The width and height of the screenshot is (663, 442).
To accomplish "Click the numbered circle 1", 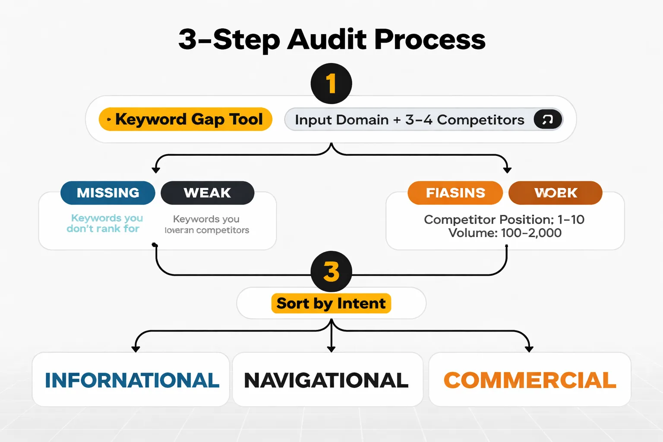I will [331, 83].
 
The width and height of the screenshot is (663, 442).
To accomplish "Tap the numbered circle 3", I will [331, 272].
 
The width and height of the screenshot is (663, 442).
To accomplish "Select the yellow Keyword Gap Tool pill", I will [186, 119].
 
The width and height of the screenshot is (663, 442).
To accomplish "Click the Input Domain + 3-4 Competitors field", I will [409, 120].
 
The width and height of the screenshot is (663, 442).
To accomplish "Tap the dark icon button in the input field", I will [548, 120].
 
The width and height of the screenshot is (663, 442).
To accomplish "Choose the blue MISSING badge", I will [108, 193].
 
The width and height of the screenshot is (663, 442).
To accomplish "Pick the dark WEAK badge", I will [207, 193].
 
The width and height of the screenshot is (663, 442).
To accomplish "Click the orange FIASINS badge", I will [455, 193].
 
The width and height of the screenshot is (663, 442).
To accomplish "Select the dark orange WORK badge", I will [556, 193].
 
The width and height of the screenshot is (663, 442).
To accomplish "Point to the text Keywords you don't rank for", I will [105, 223].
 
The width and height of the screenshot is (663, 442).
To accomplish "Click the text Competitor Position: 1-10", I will [504, 219].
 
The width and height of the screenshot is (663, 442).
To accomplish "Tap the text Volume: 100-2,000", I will [505, 233].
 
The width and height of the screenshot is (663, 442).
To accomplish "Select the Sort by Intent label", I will [331, 303].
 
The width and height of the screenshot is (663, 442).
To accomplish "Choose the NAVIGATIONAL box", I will [327, 380].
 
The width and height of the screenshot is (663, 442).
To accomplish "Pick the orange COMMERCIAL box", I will [530, 380].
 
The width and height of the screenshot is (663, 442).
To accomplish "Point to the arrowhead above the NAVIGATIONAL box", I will [331, 348].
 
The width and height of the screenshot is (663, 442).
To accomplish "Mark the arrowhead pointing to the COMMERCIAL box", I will [529, 348].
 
